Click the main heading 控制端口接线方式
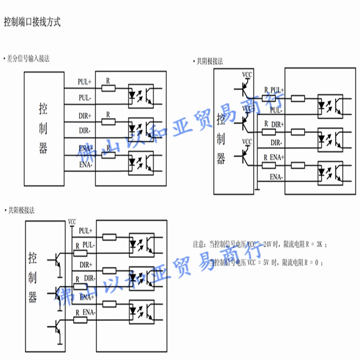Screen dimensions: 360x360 coord(32,21)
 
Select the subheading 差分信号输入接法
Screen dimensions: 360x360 coord(27,58)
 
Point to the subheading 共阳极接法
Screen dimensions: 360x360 coord(21,210)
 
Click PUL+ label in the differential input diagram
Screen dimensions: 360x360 coord(84,82)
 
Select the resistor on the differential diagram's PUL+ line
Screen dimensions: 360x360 coord(108,88)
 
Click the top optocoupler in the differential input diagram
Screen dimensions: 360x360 coord(141,95)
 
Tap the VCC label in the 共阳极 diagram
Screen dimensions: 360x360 coord(72,221)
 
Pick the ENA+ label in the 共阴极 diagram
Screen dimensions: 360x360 coord(277,157)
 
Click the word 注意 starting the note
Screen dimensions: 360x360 coord(199,244)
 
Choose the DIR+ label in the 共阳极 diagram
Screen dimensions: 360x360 coord(86,265)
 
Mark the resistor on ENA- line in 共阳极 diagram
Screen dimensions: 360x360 coord(80,319)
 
